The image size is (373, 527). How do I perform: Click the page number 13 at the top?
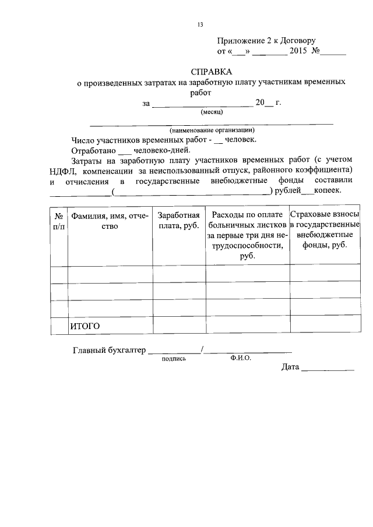(200, 24)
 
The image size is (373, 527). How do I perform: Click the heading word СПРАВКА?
(212, 72)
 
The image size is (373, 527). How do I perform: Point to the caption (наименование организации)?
(212, 130)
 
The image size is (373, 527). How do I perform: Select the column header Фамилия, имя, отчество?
(110, 221)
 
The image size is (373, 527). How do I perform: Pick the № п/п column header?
(58, 221)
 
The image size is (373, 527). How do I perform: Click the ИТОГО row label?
(85, 326)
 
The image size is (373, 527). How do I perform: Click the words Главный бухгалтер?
(108, 351)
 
